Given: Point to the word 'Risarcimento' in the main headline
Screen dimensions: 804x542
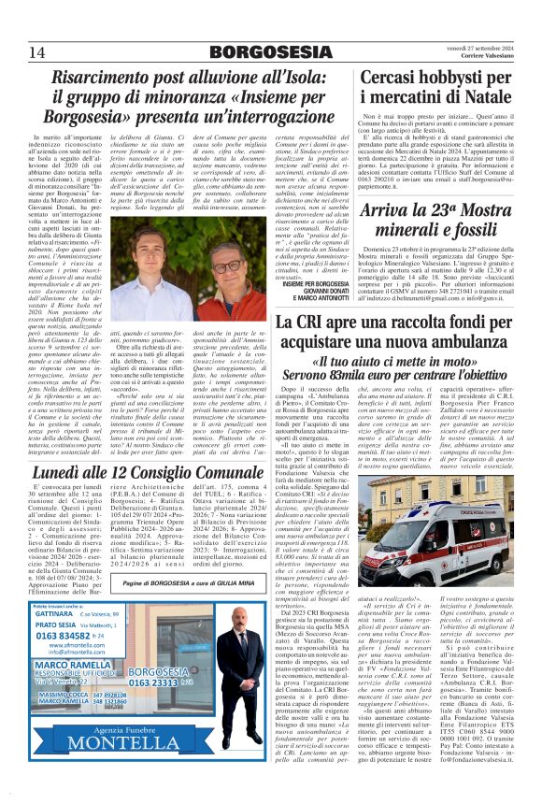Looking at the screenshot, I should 107,80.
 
